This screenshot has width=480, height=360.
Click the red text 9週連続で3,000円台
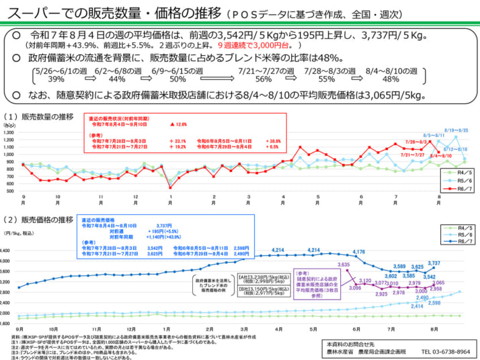coord(254,44)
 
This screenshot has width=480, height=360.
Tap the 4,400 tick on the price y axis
coord(13,251)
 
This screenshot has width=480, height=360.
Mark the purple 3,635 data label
coord(344,265)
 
